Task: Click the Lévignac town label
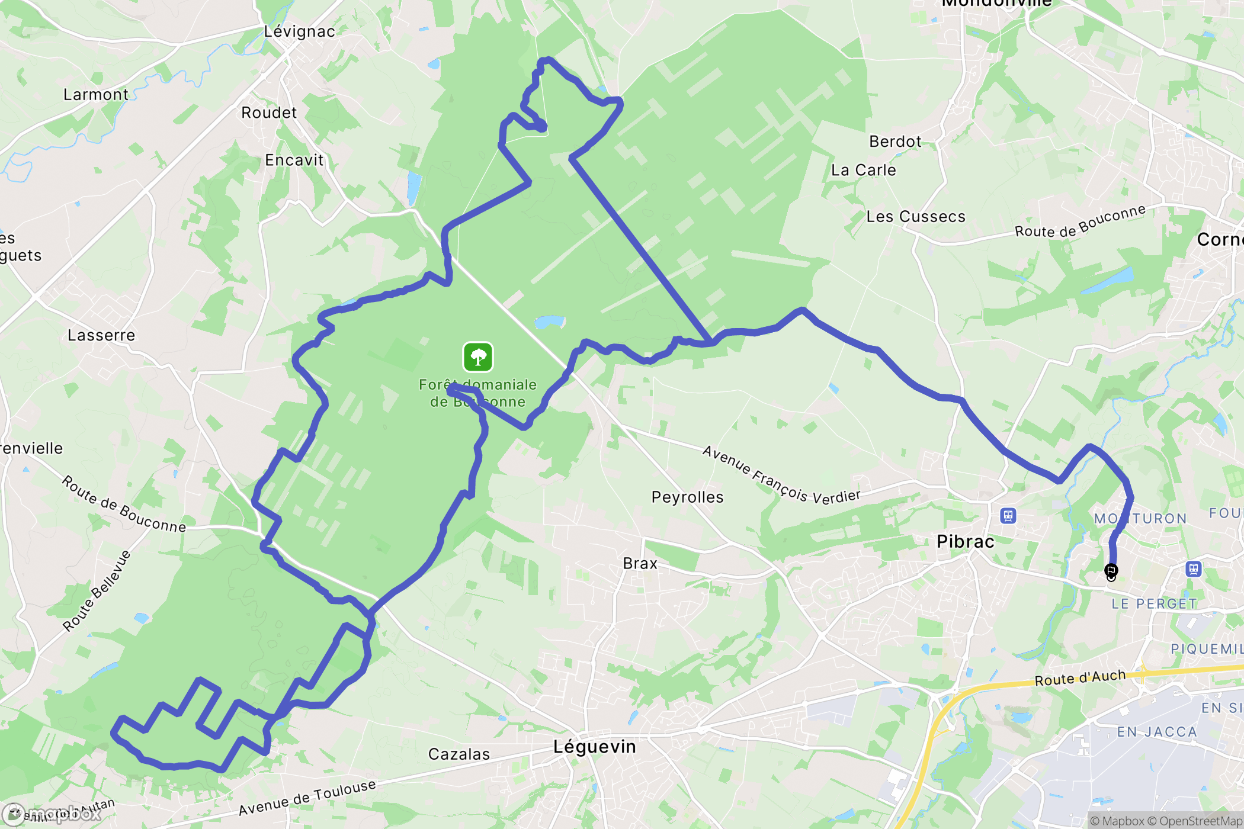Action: coord(299,31)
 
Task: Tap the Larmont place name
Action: coord(95,95)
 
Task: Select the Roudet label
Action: coord(269,113)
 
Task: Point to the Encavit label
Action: coord(294,160)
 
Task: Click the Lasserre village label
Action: coord(101,335)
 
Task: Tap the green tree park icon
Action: coord(478,357)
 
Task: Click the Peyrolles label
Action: coord(687,497)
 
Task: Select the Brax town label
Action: coord(640,563)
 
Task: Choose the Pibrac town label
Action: coord(965,541)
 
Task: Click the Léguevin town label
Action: coord(595,747)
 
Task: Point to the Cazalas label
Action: coord(459,754)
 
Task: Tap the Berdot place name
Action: coord(895,142)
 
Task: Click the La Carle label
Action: coord(863,170)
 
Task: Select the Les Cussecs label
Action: coord(916,217)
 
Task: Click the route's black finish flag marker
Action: coord(1111,571)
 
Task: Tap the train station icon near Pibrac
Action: coord(1008,516)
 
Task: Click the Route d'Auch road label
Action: coord(1080,677)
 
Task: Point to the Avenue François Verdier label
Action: coord(781,475)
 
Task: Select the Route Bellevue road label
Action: coord(97,590)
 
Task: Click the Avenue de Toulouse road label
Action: coord(307,798)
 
